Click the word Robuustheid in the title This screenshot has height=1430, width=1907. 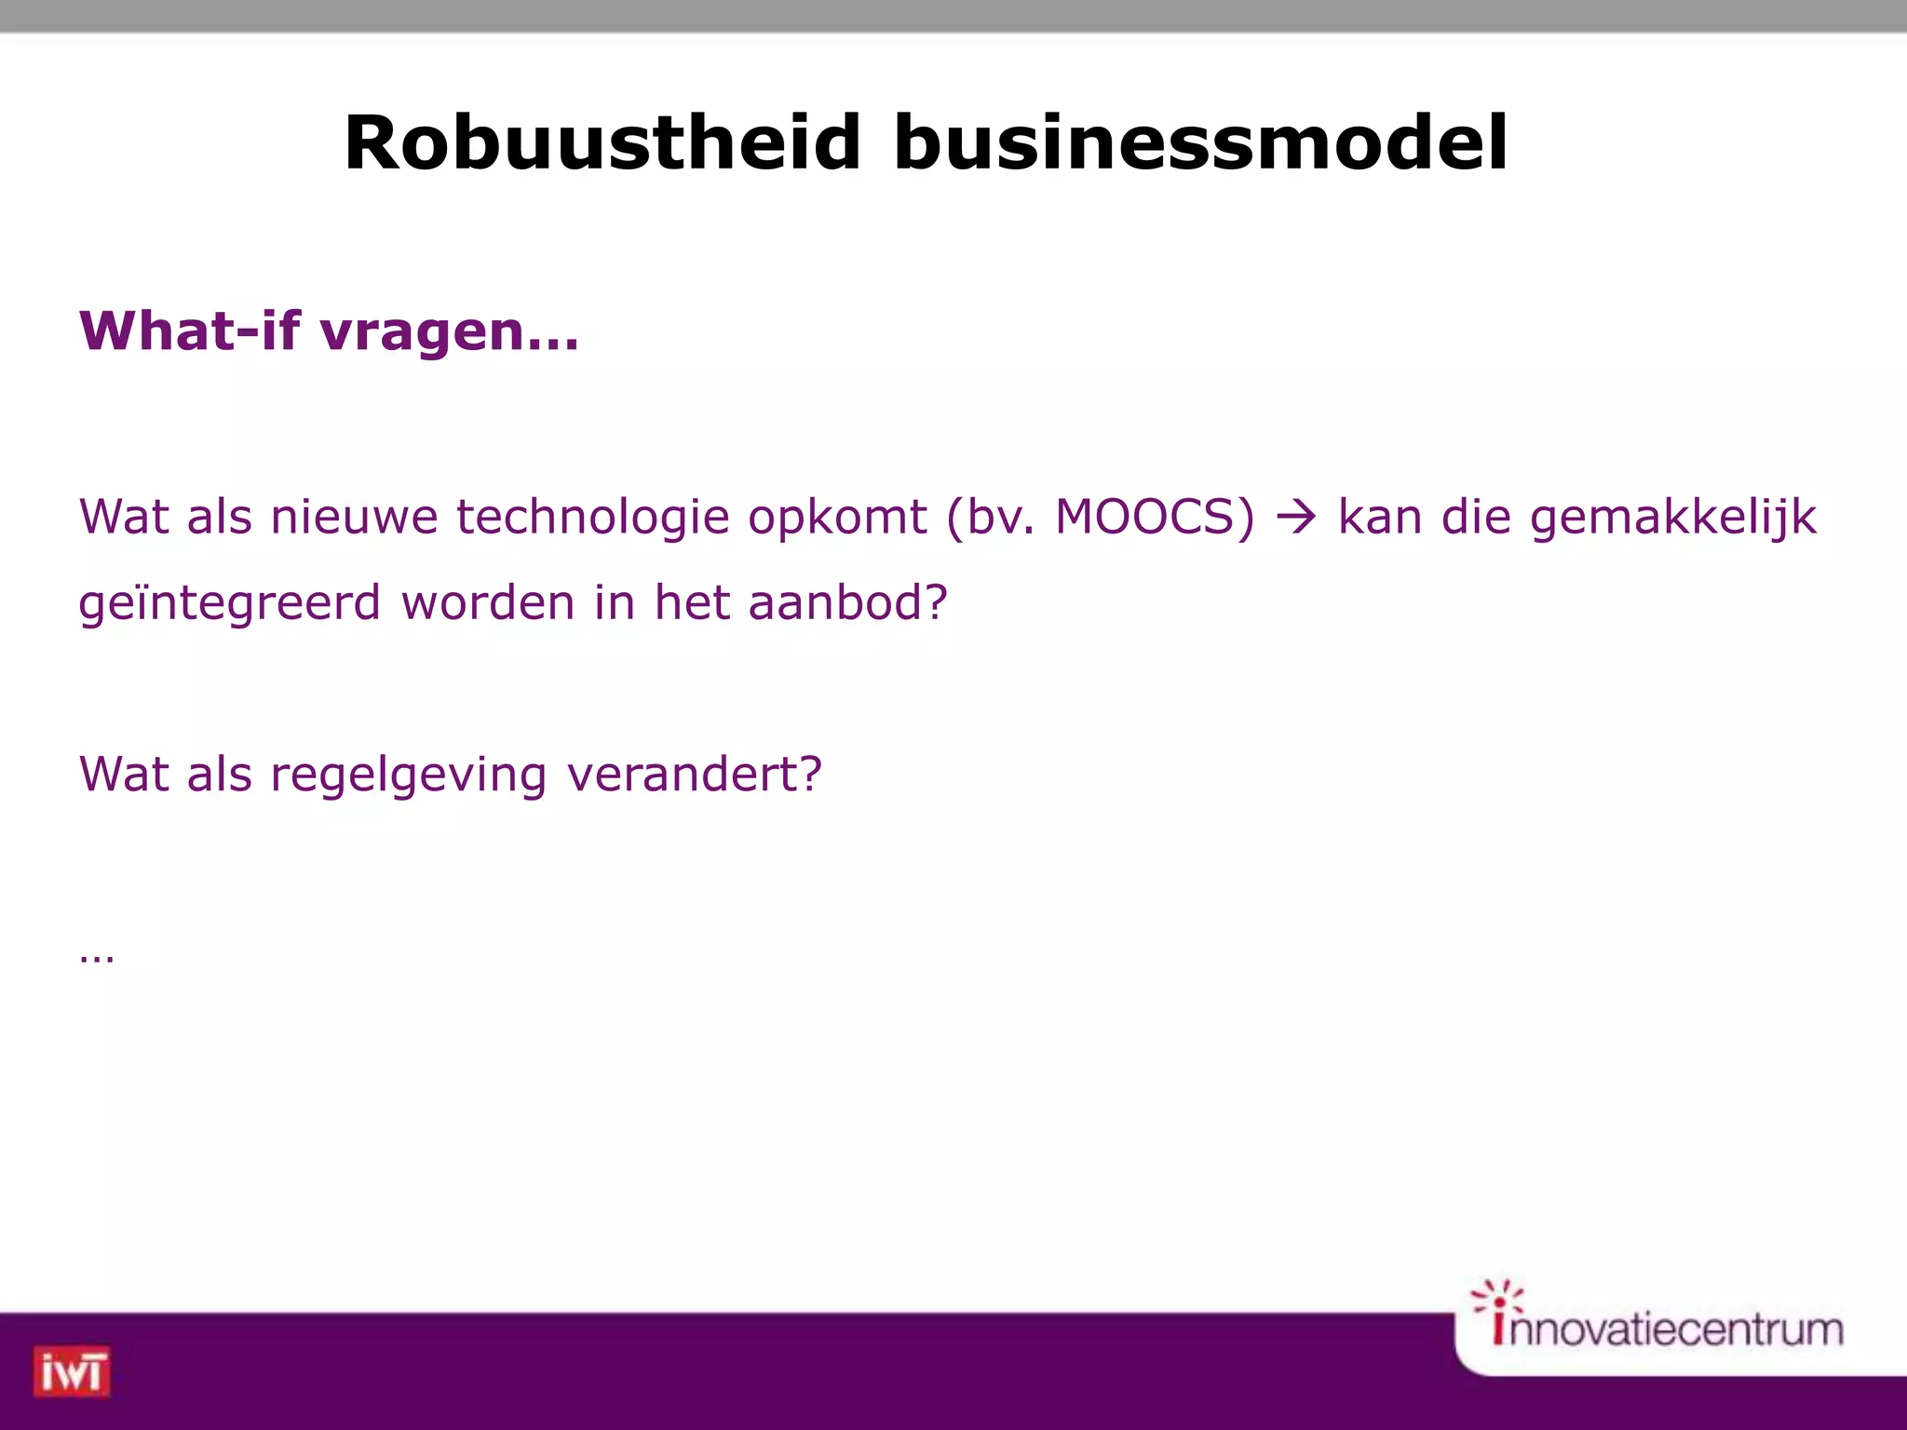click(x=602, y=142)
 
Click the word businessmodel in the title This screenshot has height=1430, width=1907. click(x=1200, y=142)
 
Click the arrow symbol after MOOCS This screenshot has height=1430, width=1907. click(x=1296, y=518)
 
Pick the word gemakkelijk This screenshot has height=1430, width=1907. click(x=1672, y=519)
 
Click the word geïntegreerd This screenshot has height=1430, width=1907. click(x=229, y=604)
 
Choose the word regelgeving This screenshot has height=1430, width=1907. click(x=408, y=776)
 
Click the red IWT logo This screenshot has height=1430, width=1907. click(x=72, y=1371)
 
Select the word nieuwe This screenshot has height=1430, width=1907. click(x=354, y=517)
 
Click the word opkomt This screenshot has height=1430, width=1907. click(x=837, y=519)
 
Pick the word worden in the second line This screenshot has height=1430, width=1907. click(x=487, y=602)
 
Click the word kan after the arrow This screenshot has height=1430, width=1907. click(x=1379, y=517)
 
